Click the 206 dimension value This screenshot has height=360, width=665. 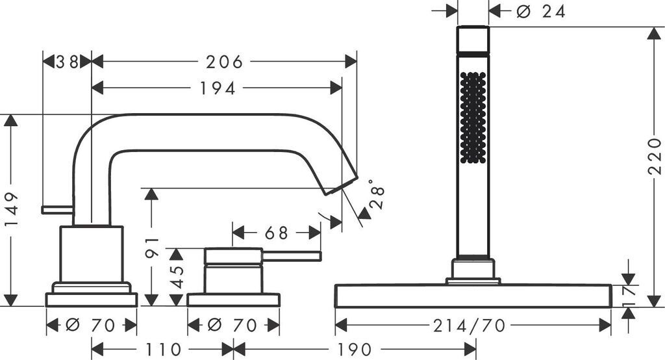point(224,62)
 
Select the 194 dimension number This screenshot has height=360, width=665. point(217,88)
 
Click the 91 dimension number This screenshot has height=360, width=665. point(152,247)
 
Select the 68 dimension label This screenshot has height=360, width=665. point(277,232)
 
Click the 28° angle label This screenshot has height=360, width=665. point(376,194)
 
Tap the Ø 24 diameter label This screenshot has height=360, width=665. point(542,11)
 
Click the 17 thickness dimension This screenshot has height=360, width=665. point(629,295)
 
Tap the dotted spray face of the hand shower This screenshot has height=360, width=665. point(472,117)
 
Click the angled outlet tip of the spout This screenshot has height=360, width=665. point(342,183)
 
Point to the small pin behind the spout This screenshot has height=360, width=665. point(57,209)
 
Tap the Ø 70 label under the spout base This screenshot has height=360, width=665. point(91,325)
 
